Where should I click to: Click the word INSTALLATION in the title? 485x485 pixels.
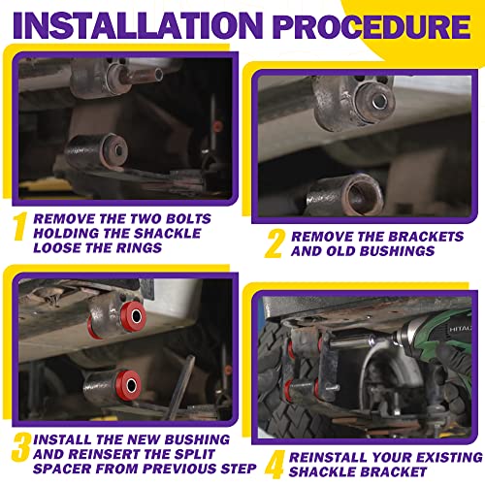pyautogui.click(x=138, y=25)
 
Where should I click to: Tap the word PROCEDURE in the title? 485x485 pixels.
pyautogui.click(x=372, y=26)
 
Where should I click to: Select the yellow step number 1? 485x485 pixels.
pyautogui.click(x=19, y=226)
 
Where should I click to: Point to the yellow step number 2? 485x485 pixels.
pyautogui.click(x=275, y=243)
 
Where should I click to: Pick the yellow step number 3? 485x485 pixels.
pyautogui.click(x=21, y=448)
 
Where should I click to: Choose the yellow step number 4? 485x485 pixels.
pyautogui.click(x=275, y=465)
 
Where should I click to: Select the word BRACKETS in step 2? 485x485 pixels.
pyautogui.click(x=426, y=237)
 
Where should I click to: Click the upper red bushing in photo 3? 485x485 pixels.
pyautogui.click(x=133, y=316)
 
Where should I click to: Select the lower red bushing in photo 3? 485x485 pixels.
pyautogui.click(x=129, y=385)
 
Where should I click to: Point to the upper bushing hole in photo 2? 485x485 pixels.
pyautogui.click(x=379, y=102)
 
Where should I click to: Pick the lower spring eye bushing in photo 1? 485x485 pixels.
pyautogui.click(x=97, y=151)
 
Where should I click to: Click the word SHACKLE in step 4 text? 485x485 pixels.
pyautogui.click(x=327, y=472)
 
